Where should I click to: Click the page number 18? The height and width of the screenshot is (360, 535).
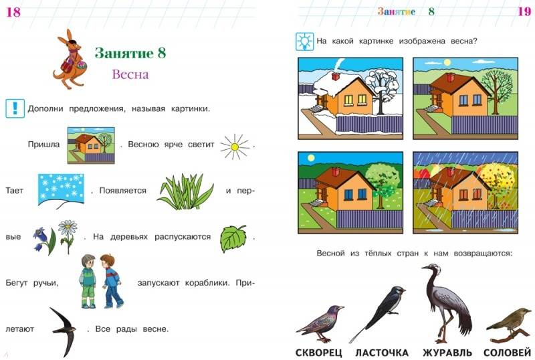pos(13,12)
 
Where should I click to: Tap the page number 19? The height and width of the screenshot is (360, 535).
pos(524,11)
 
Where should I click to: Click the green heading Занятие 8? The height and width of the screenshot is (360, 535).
pos(130,53)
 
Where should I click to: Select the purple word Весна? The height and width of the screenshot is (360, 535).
pos(130,74)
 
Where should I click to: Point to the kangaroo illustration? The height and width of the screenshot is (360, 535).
pos(70,59)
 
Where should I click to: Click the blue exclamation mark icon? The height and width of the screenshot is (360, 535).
pos(15,108)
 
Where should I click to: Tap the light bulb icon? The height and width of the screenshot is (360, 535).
pos(304,41)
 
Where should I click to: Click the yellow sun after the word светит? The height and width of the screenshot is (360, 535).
pos(235,147)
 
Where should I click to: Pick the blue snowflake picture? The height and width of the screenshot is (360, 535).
pos(61,189)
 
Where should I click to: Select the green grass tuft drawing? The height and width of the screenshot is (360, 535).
pos(185,191)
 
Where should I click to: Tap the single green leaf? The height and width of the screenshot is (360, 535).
pos(233,238)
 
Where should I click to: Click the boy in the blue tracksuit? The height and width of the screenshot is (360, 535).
pos(111,281)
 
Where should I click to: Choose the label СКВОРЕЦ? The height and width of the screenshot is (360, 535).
pos(318,352)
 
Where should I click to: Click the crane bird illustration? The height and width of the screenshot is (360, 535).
pos(447,302)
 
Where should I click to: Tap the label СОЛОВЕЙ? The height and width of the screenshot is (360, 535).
pos(508,352)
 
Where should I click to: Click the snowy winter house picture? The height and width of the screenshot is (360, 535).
pos(350,98)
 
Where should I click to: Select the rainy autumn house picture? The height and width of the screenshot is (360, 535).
pos(465,193)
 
